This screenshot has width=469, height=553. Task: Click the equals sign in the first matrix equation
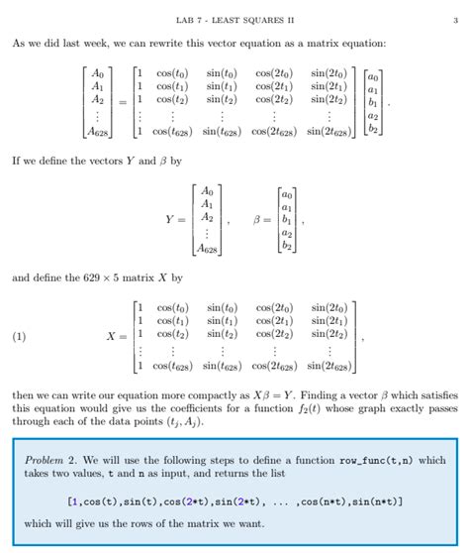point(122,101)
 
